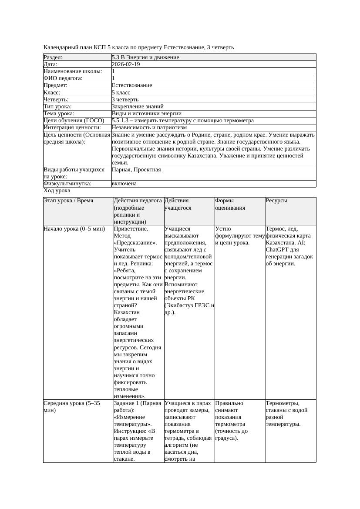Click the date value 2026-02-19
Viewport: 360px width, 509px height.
(x=126, y=64)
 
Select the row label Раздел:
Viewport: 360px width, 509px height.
(x=53, y=57)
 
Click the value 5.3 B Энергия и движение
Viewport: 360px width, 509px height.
(x=145, y=57)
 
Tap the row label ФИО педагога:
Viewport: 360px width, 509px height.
(x=63, y=78)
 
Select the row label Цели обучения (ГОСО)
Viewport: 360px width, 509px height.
(x=74, y=121)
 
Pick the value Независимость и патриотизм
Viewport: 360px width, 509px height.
(x=149, y=127)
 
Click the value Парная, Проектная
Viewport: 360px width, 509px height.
(x=136, y=170)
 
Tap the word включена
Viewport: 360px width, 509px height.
(x=124, y=184)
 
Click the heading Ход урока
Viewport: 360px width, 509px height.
(x=57, y=191)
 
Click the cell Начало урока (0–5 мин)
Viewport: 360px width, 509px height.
(x=74, y=229)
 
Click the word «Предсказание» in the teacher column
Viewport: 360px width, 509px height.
(x=135, y=243)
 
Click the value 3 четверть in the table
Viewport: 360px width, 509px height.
(x=125, y=99)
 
